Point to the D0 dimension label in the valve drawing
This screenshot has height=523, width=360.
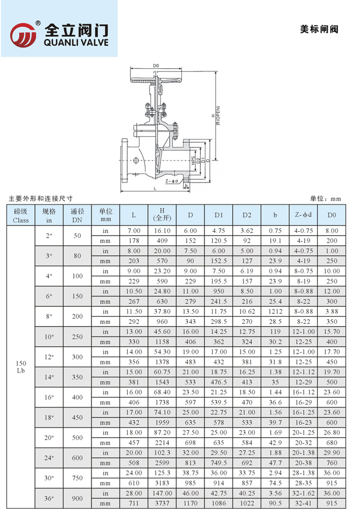coord(156,66)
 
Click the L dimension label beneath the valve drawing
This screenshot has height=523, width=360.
coord(154,188)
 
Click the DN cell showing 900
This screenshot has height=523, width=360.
coord(77,498)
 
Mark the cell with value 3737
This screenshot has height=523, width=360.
coord(162,503)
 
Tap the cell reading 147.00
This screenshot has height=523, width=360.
coord(162,493)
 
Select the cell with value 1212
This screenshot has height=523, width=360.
coord(275,311)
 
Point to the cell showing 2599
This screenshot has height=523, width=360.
coord(162,462)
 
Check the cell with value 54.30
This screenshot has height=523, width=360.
coord(162,351)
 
